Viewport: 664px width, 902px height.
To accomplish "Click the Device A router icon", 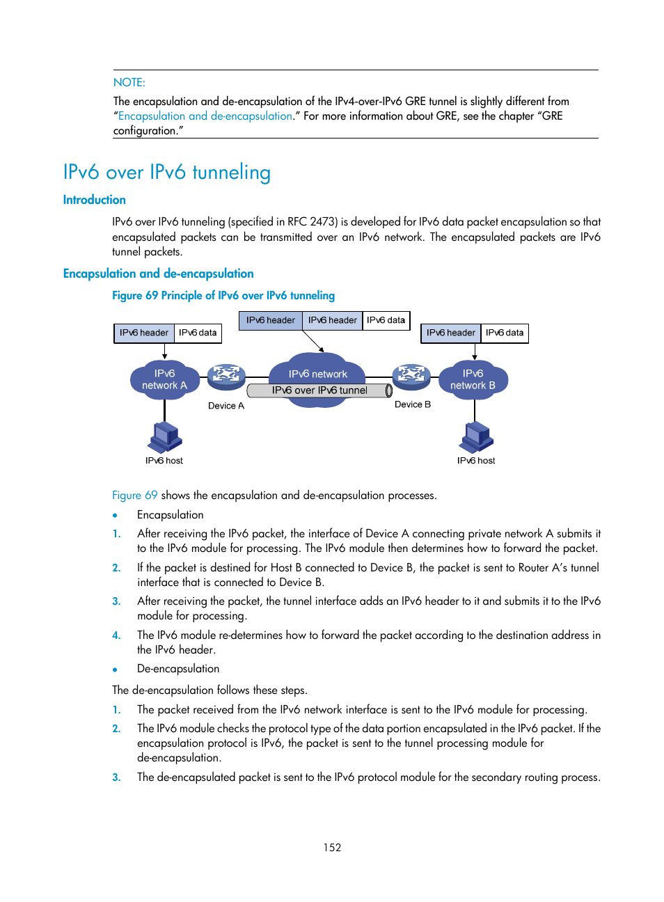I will pos(226,376).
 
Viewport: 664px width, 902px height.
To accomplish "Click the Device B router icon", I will pos(411,376).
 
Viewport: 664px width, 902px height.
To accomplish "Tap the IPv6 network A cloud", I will pos(164,379).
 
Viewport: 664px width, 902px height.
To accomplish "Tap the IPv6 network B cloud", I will pos(473,379).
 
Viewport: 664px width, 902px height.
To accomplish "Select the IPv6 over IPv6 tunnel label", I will pos(319,390).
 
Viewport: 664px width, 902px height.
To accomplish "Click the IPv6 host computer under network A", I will pos(164,437).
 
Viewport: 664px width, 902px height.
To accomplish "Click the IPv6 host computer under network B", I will pos(476,437).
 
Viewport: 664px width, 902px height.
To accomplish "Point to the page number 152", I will pos(332,847).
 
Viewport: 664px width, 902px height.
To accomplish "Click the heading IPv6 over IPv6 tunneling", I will pos(166,172).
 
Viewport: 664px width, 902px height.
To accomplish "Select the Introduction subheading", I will pos(94,200).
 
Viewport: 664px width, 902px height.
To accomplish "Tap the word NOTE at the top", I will pos(129,82).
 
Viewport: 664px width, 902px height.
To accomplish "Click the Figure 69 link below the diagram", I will pos(134,495).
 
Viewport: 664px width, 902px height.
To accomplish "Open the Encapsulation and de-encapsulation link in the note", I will pos(205,116).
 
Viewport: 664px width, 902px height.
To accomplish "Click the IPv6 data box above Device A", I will pos(198,333).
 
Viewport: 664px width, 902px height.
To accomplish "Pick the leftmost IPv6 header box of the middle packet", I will pos(270,320).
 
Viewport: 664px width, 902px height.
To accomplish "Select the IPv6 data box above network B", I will pos(505,333).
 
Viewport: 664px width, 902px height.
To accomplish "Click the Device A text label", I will pos(226,406).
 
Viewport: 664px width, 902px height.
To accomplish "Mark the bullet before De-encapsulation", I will pos(115,670).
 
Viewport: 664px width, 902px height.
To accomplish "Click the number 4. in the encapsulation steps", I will pos(116,635).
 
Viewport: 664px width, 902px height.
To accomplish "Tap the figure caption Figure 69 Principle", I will pos(223,295).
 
